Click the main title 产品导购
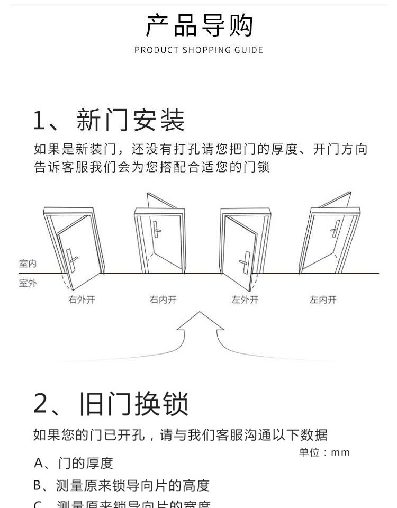(199, 25)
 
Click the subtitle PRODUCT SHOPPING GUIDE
(198, 50)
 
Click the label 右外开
(82, 300)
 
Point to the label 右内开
(163, 300)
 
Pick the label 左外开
(245, 300)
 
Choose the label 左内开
(323, 300)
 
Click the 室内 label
(28, 264)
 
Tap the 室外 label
(28, 283)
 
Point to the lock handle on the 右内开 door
(157, 229)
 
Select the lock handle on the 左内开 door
(335, 229)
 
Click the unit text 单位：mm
(324, 452)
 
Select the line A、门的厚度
(74, 464)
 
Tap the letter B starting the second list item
(38, 485)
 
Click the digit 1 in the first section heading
(40, 120)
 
